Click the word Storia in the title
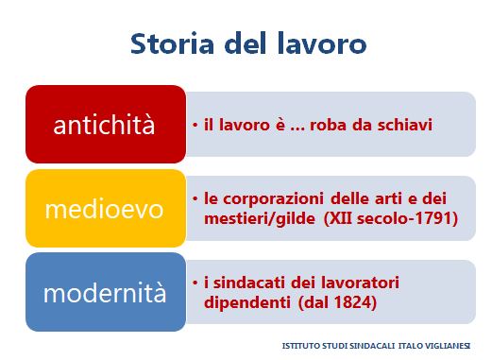coord(172,43)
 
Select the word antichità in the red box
coord(104,125)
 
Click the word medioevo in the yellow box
coord(104,209)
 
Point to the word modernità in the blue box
coord(105,293)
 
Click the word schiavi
coord(405,125)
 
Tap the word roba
coord(328,125)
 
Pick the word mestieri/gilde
coord(260,218)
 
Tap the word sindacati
coord(248,283)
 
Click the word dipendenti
coord(247,303)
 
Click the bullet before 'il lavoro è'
coord(195,125)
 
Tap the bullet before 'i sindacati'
coord(195,283)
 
